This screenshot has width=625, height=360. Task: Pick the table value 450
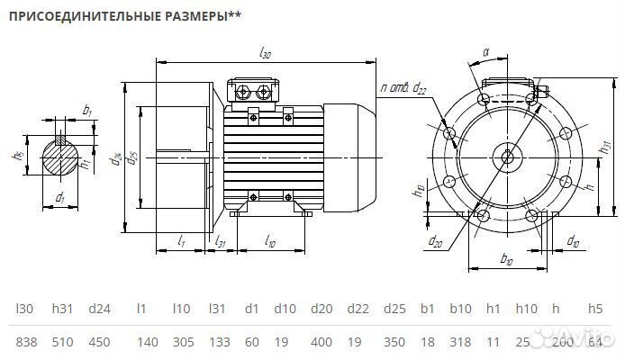pos(99,342)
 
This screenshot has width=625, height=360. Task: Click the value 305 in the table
pos(182,342)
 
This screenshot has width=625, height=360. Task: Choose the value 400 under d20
pos(322,342)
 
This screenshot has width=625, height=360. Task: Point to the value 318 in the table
pos(460,342)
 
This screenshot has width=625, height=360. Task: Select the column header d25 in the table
pos(394,309)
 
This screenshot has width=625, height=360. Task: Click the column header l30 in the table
pos(24,309)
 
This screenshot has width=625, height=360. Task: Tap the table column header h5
pos(595,309)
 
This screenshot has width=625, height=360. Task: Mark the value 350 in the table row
pos(394,342)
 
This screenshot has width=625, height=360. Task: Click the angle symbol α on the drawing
pos(485,53)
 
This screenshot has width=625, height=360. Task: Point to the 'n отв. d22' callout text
pos(403,87)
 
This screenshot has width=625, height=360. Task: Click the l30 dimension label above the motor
pos(264,55)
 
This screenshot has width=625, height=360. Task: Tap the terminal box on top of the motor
pos(256,91)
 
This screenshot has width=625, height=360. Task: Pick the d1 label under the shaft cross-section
pos(60,197)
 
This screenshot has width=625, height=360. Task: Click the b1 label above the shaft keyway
pos(87,110)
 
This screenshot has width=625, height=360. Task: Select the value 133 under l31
pos(220,342)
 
